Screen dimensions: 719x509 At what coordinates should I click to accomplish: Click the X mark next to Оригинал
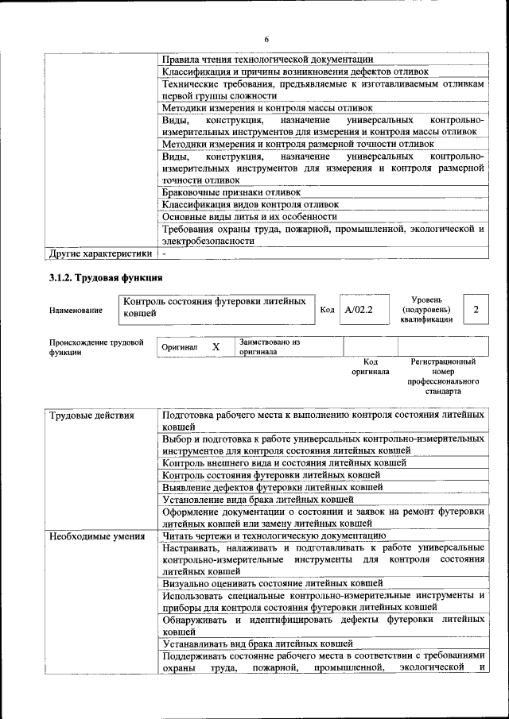[216, 347]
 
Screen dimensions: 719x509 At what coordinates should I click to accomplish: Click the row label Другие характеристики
[100, 254]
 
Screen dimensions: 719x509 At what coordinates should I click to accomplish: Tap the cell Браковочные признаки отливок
[231, 192]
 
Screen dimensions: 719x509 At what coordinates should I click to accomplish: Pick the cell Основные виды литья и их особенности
[250, 216]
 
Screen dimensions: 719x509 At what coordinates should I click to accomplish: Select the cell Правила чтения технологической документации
[267, 59]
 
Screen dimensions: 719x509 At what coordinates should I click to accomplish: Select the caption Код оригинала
[370, 366]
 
